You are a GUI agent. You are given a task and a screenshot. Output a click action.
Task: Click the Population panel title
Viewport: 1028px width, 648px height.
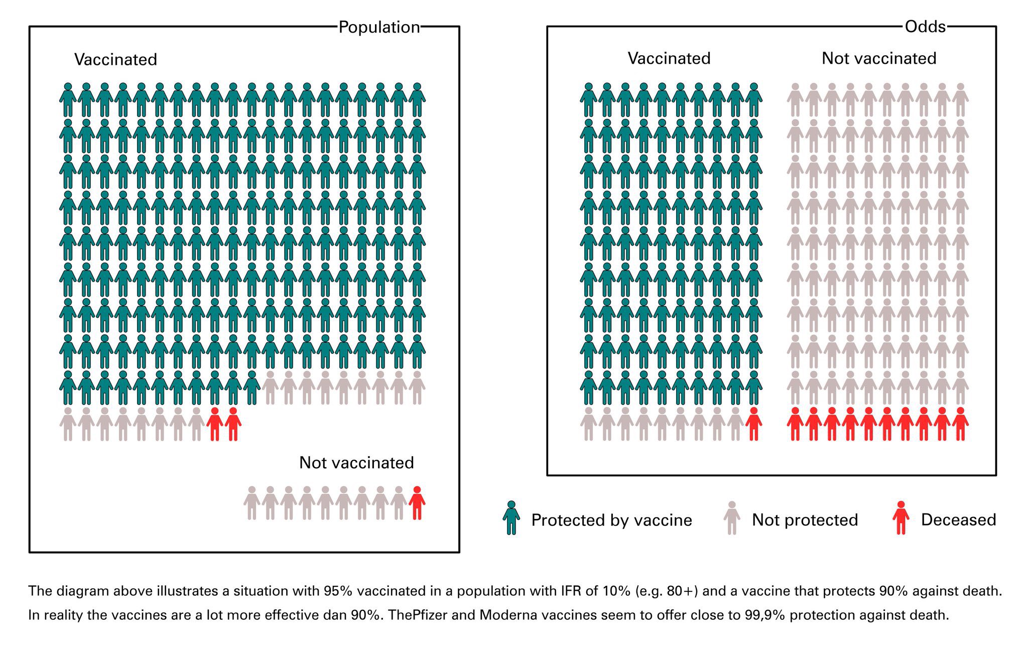(x=379, y=27)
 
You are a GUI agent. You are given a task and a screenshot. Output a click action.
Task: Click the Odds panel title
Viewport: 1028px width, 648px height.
(x=925, y=27)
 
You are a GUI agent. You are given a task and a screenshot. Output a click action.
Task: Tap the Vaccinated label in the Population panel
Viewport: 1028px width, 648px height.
(x=115, y=60)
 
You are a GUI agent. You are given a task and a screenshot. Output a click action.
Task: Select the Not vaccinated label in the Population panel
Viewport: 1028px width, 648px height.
(x=356, y=463)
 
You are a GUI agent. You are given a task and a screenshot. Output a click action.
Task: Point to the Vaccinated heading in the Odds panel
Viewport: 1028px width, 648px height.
(x=669, y=59)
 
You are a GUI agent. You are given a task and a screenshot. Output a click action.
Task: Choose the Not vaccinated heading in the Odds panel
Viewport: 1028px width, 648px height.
(x=878, y=59)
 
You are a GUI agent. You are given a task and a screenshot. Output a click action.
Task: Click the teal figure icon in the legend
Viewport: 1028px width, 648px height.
(x=511, y=518)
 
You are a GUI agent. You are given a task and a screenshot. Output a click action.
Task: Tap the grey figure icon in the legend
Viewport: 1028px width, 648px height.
(x=732, y=518)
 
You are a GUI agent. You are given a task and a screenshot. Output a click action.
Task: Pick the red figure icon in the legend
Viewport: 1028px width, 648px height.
(x=901, y=518)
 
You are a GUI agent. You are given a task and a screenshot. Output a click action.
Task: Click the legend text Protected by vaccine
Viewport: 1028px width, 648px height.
(x=611, y=521)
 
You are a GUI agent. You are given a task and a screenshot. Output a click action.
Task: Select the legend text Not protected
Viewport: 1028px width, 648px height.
(x=805, y=520)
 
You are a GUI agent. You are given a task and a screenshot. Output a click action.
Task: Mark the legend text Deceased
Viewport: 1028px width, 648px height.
(x=958, y=520)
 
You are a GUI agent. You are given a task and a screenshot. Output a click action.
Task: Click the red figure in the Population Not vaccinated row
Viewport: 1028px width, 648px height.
(x=417, y=503)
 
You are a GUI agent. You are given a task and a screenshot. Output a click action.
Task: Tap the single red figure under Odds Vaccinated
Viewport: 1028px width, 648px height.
(x=753, y=425)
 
